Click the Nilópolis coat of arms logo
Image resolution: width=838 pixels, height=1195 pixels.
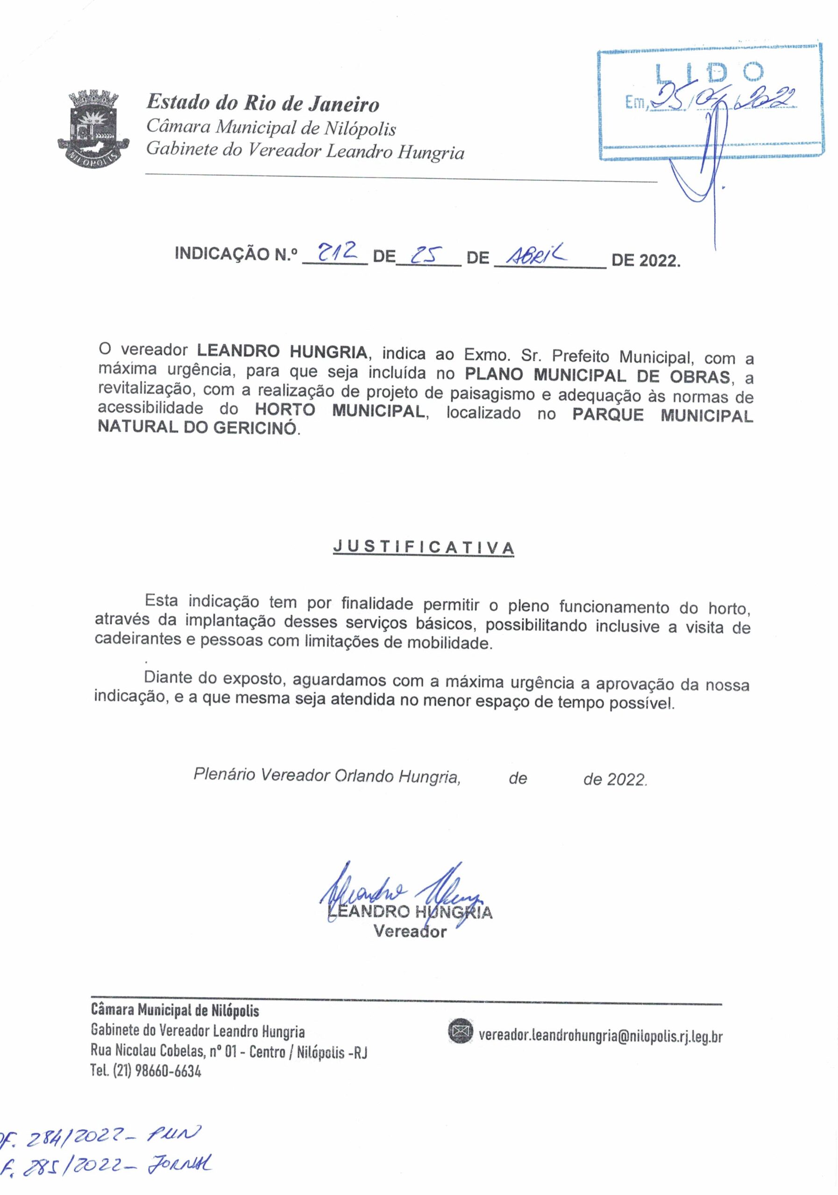[x=92, y=127]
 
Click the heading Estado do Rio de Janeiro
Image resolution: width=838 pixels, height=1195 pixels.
[x=263, y=103]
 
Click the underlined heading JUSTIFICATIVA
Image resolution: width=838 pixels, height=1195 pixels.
[x=423, y=548]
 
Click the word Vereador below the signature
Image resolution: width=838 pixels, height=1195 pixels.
[x=410, y=932]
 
